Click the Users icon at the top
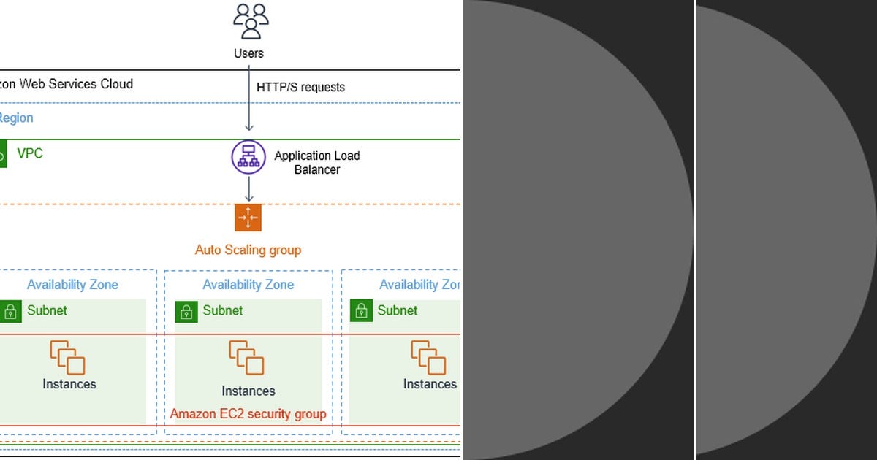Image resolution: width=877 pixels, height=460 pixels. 249,20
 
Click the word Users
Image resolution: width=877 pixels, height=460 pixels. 248,53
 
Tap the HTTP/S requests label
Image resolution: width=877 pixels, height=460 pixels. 300,87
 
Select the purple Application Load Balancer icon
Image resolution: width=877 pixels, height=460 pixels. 248,157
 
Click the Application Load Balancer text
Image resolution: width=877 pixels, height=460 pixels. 316,162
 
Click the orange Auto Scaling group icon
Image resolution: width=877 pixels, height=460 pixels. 248,218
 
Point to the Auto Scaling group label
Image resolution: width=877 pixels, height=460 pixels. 248,250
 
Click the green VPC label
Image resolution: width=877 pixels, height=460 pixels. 30,153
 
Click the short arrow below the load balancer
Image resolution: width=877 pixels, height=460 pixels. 249,188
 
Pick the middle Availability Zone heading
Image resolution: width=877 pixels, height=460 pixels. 248,285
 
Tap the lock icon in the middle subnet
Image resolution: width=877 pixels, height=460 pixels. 186,311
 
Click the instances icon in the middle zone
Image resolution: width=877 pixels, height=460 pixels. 246,358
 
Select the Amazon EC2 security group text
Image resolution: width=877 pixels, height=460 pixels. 248,414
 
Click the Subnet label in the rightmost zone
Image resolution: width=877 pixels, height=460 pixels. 397,310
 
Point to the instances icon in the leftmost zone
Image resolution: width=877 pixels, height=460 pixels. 67,358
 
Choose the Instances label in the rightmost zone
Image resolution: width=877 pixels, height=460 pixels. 430,384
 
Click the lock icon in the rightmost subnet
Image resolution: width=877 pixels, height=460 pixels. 361,311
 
